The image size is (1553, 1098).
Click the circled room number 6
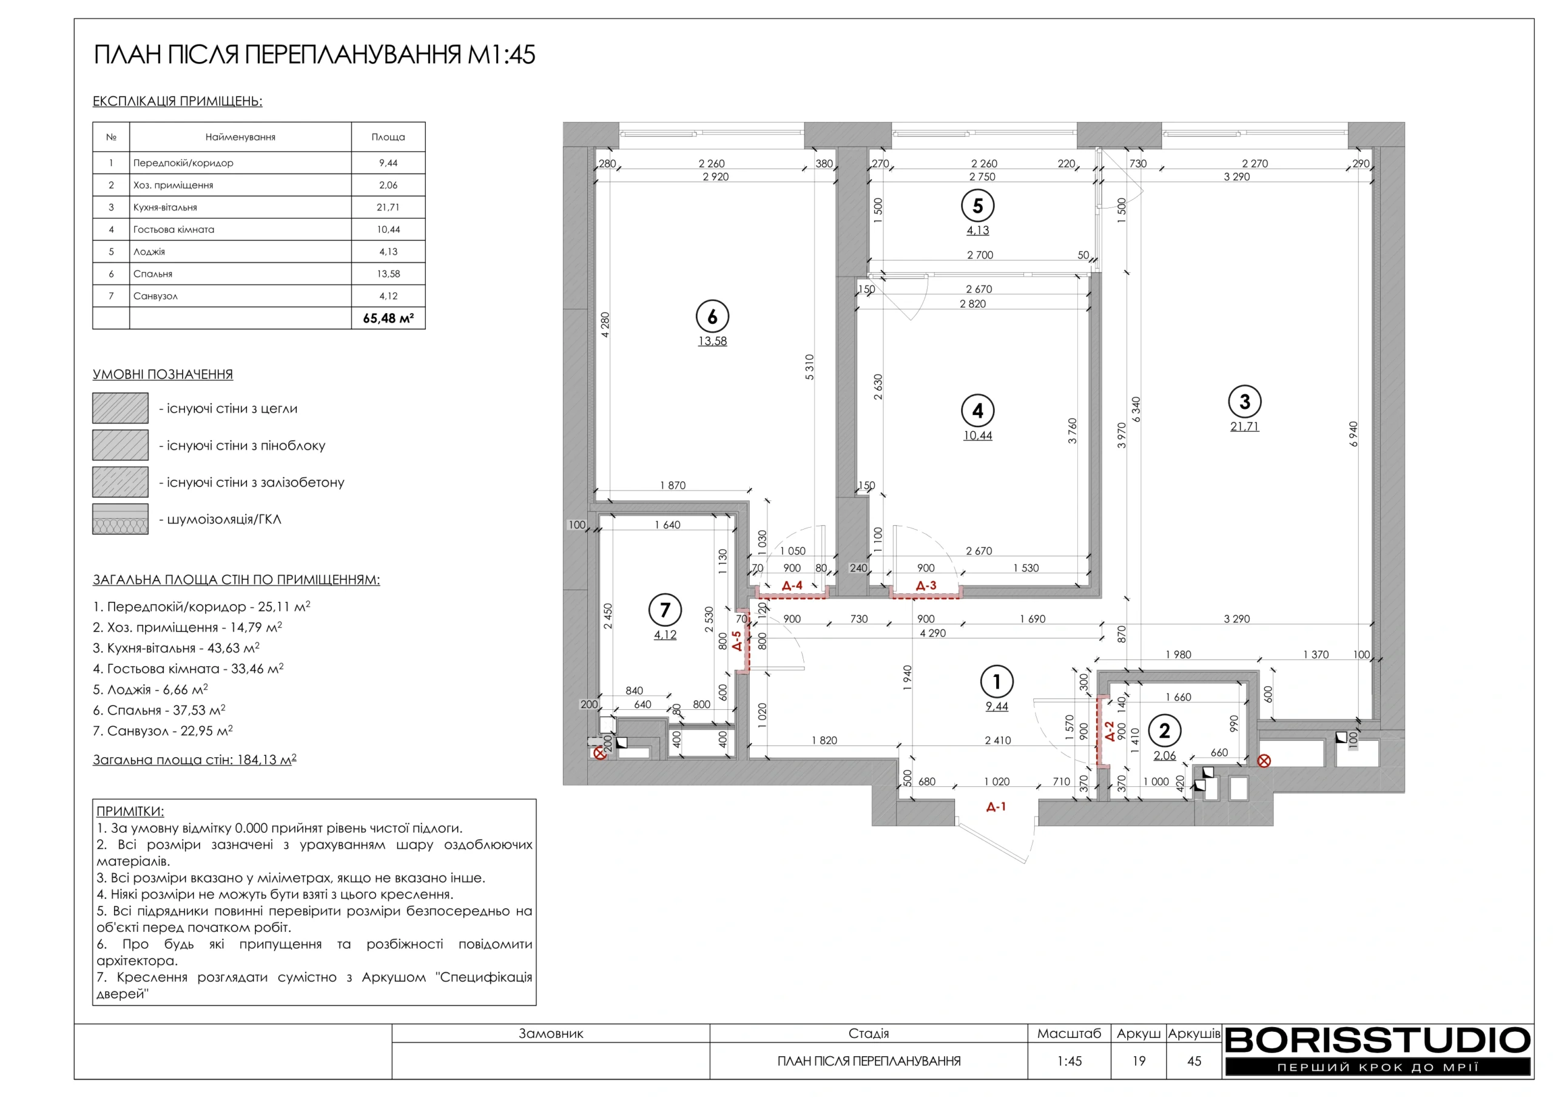[x=712, y=317]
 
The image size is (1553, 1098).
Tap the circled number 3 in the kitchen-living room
[x=1245, y=402]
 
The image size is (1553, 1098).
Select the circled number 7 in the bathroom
[x=665, y=610]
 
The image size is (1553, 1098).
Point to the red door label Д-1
[x=995, y=806]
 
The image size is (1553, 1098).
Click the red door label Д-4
[x=792, y=585]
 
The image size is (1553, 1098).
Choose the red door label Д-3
[x=926, y=585]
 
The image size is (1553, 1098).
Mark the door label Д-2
[x=1110, y=732]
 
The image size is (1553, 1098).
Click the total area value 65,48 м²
[x=388, y=318]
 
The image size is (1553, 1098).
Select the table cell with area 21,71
[x=388, y=207]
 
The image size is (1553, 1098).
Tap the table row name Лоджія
[x=149, y=252]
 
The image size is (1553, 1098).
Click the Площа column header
[x=388, y=137]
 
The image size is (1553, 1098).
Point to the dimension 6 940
[x=1353, y=434]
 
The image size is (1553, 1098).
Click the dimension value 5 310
[x=810, y=368]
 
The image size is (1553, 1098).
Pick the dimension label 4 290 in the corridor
[x=933, y=633]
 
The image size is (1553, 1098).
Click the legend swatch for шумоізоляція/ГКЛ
[x=120, y=519]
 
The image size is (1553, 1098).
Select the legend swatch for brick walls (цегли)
[x=120, y=408]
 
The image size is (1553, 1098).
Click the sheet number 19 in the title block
[x=1139, y=1061]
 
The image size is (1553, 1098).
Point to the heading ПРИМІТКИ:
[x=130, y=811]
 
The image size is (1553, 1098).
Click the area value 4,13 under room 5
[x=977, y=230]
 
